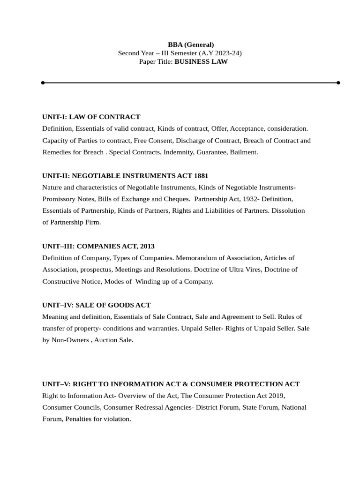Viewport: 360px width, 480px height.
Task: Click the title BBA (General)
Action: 191,45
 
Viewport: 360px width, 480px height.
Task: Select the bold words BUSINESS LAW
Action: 201,61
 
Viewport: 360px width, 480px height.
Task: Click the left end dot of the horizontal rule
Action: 43,82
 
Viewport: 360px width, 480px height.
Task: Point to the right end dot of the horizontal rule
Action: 338,82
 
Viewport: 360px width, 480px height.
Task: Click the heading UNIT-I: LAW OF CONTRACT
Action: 91,117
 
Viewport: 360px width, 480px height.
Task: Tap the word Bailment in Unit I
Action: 243,152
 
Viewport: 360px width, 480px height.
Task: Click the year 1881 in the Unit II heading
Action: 201,176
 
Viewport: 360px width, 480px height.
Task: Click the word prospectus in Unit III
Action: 97,270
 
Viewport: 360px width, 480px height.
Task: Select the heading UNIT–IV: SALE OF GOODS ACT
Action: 97,305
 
